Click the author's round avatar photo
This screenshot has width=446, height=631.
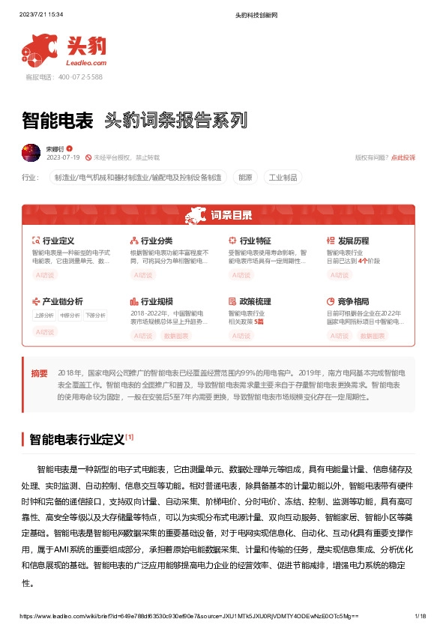coord(31,153)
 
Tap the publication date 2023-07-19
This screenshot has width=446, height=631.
coord(63,158)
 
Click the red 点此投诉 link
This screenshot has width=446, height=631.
coord(403,157)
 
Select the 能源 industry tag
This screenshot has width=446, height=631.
coord(245,178)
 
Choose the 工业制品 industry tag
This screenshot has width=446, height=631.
coord(283,178)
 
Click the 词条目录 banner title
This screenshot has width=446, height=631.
coord(223,215)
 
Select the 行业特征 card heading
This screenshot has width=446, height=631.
coord(255,241)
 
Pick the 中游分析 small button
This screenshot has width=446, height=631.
coord(69,315)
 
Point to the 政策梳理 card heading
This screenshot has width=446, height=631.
coord(255,301)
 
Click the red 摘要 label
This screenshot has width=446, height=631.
coord(39,372)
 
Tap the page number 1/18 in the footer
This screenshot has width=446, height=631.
coord(420,616)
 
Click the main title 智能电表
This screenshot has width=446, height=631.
coord(57,121)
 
